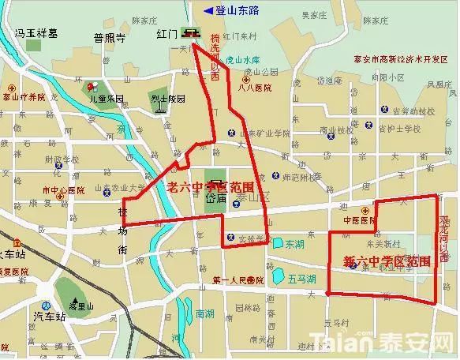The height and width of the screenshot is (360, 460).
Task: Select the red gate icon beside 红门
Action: click(190, 32)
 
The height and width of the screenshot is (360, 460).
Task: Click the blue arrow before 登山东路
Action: click(208, 9)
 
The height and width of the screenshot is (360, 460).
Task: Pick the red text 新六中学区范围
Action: click(387, 260)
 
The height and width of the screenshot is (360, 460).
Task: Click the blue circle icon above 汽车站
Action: click(47, 306)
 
